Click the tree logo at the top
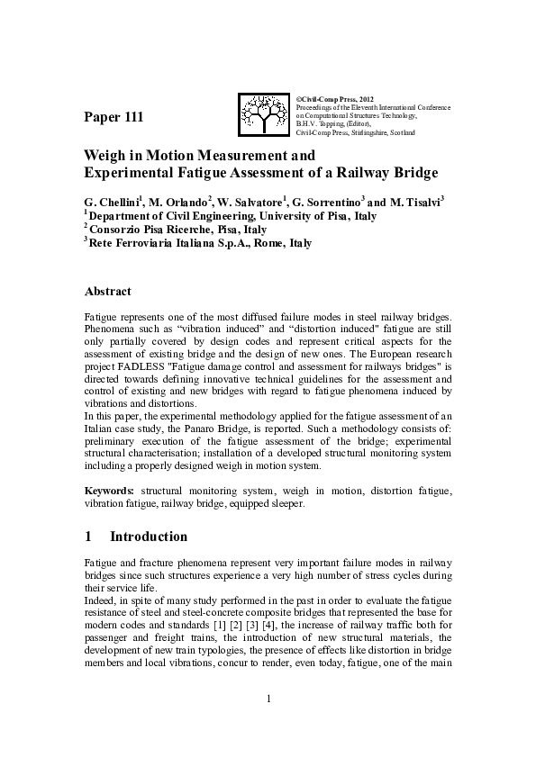tap(264, 114)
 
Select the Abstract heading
tap(107, 292)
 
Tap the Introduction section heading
tap(149, 537)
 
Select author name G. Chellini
tap(113, 203)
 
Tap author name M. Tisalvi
tap(413, 203)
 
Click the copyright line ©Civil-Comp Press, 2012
tap(334, 96)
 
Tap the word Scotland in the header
tap(401, 132)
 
